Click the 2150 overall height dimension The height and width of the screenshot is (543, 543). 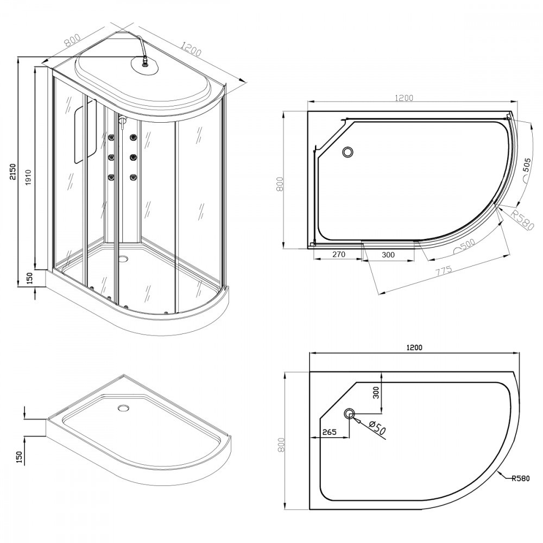click(x=12, y=172)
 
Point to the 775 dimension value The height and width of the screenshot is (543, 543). click(x=444, y=270)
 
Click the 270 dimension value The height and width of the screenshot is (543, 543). click(x=339, y=254)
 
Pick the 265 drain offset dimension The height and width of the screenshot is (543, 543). click(x=330, y=432)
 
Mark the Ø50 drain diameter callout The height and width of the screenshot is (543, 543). click(x=376, y=427)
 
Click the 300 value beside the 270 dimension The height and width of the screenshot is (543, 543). click(x=388, y=255)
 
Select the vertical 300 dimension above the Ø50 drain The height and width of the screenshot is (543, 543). click(x=377, y=392)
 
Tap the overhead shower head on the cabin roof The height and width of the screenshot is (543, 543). click(x=145, y=65)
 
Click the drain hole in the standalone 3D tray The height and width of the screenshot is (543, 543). click(x=123, y=408)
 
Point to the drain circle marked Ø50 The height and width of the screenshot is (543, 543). click(x=349, y=413)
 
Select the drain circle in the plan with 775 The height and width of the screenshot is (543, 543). click(x=348, y=151)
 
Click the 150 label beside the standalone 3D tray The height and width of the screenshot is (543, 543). click(x=19, y=457)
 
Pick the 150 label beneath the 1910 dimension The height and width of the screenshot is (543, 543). click(x=30, y=278)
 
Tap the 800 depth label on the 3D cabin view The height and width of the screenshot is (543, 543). click(x=73, y=40)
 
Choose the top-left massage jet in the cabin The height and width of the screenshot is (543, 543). click(x=112, y=138)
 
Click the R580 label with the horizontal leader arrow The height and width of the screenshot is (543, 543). click(x=521, y=478)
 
